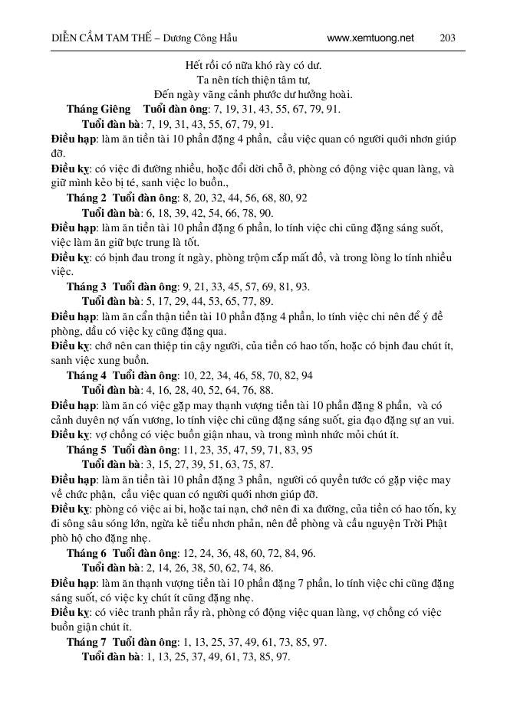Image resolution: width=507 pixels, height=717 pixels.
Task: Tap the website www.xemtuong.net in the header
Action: (370, 38)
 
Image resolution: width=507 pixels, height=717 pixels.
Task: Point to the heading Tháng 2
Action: (86, 197)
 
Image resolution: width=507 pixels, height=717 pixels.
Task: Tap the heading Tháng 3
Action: (86, 286)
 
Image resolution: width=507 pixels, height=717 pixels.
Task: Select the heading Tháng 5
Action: (86, 450)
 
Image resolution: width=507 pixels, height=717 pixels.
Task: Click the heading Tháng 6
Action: (86, 553)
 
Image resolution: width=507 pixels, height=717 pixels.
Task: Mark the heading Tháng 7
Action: (86, 642)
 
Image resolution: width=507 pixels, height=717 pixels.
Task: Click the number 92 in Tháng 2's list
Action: (301, 197)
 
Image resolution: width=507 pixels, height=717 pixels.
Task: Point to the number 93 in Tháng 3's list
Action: (302, 286)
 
